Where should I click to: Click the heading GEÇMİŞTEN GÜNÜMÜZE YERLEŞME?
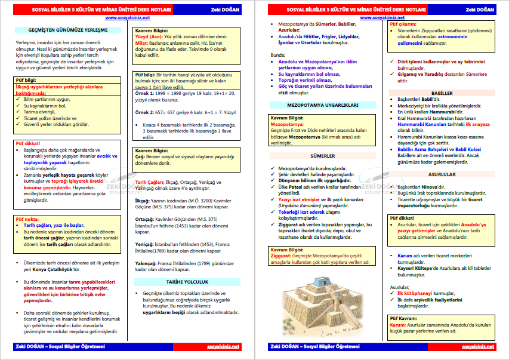coord(68,29)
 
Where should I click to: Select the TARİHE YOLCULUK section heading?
coord(187,282)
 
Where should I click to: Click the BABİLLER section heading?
coord(442,93)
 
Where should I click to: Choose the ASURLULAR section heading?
coord(442,175)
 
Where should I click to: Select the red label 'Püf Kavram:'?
coord(405,318)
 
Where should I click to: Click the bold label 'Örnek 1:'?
coord(145,94)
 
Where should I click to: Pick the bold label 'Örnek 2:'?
coord(145,112)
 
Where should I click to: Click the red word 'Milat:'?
coord(142,43)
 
